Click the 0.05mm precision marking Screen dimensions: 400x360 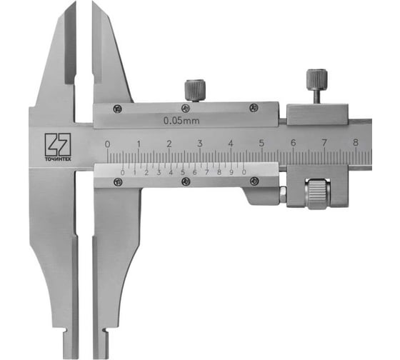click(x=181, y=121)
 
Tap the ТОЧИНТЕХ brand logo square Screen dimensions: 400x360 click(x=58, y=144)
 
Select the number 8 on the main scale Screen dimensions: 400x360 click(x=356, y=142)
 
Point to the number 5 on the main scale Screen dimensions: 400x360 click(x=261, y=144)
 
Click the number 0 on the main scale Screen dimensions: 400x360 click(x=108, y=144)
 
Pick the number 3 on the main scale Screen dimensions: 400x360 click(x=200, y=144)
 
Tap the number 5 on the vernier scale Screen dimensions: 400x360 click(x=183, y=172)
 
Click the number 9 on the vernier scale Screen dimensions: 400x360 click(x=231, y=172)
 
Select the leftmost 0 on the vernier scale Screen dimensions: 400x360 click(x=122, y=173)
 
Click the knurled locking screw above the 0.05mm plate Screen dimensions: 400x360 click(x=195, y=91)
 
